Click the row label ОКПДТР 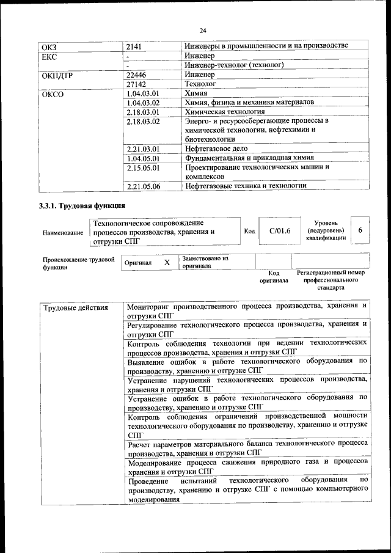[56, 75]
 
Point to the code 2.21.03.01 [142, 148]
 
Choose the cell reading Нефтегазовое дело [220, 148]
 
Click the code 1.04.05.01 [142, 158]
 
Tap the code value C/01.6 [280, 230]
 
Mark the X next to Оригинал [167, 262]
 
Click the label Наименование [63, 233]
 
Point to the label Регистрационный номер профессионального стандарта [331, 279]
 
